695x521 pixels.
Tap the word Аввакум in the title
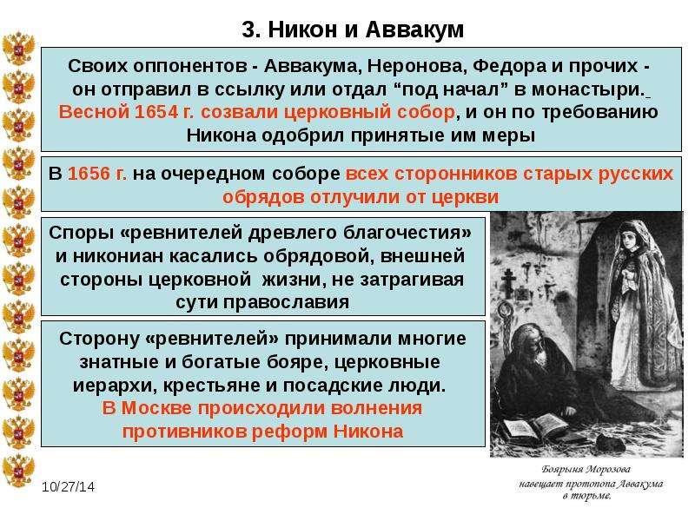[x=415, y=30]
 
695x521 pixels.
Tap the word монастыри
[x=587, y=89]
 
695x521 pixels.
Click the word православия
[x=286, y=302]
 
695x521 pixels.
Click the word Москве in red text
[x=159, y=407]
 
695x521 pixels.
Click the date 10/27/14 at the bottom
[x=69, y=487]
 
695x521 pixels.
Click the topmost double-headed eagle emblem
[x=18, y=49]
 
